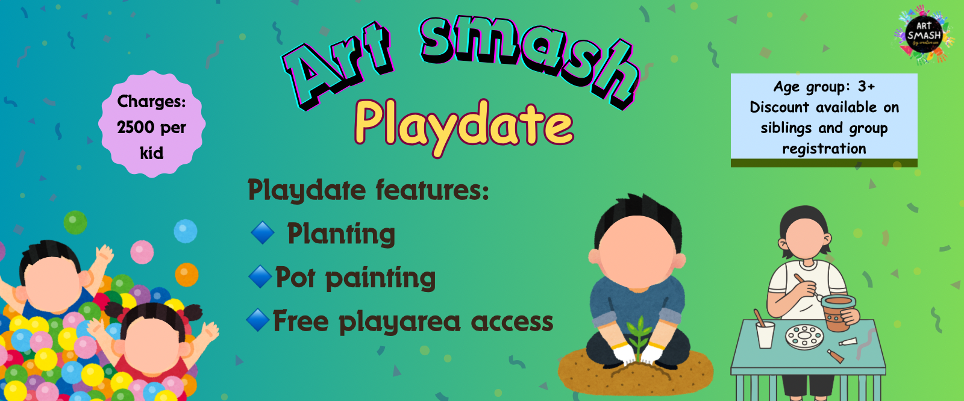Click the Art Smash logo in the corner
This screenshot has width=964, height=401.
click(x=924, y=34)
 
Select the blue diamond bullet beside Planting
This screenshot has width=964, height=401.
click(x=263, y=232)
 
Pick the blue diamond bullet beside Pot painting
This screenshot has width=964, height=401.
click(x=260, y=277)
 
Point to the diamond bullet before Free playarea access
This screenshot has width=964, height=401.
click(x=258, y=320)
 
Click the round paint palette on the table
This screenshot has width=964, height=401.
click(x=804, y=337)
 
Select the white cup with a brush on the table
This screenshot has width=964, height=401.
click(x=765, y=334)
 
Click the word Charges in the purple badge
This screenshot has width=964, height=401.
click(x=151, y=101)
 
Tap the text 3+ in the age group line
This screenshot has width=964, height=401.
click(x=866, y=87)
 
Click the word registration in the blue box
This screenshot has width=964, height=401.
click(x=824, y=149)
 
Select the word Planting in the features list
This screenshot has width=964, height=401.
click(x=341, y=234)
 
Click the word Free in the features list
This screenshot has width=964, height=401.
click(x=300, y=321)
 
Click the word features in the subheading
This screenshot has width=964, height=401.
click(x=433, y=190)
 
